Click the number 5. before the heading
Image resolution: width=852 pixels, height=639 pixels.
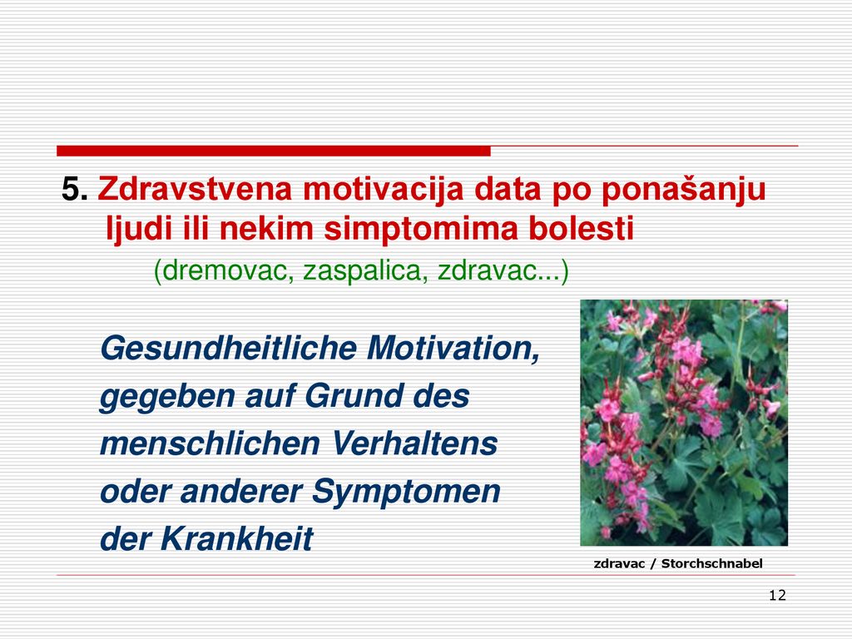[74, 190]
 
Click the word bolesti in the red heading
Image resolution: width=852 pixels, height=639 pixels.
[582, 228]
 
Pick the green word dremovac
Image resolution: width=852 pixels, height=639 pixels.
[225, 270]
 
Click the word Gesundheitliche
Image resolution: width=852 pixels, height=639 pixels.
[228, 348]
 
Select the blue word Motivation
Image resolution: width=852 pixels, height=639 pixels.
[453, 349]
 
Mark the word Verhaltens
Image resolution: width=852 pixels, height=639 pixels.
[414, 443]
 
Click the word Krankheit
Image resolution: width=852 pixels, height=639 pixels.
[236, 539]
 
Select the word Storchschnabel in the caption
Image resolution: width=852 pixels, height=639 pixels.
[712, 564]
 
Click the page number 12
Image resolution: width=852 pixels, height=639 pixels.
[778, 596]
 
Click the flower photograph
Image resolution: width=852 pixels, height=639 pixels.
[684, 423]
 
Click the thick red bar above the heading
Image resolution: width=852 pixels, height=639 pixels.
[273, 151]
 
